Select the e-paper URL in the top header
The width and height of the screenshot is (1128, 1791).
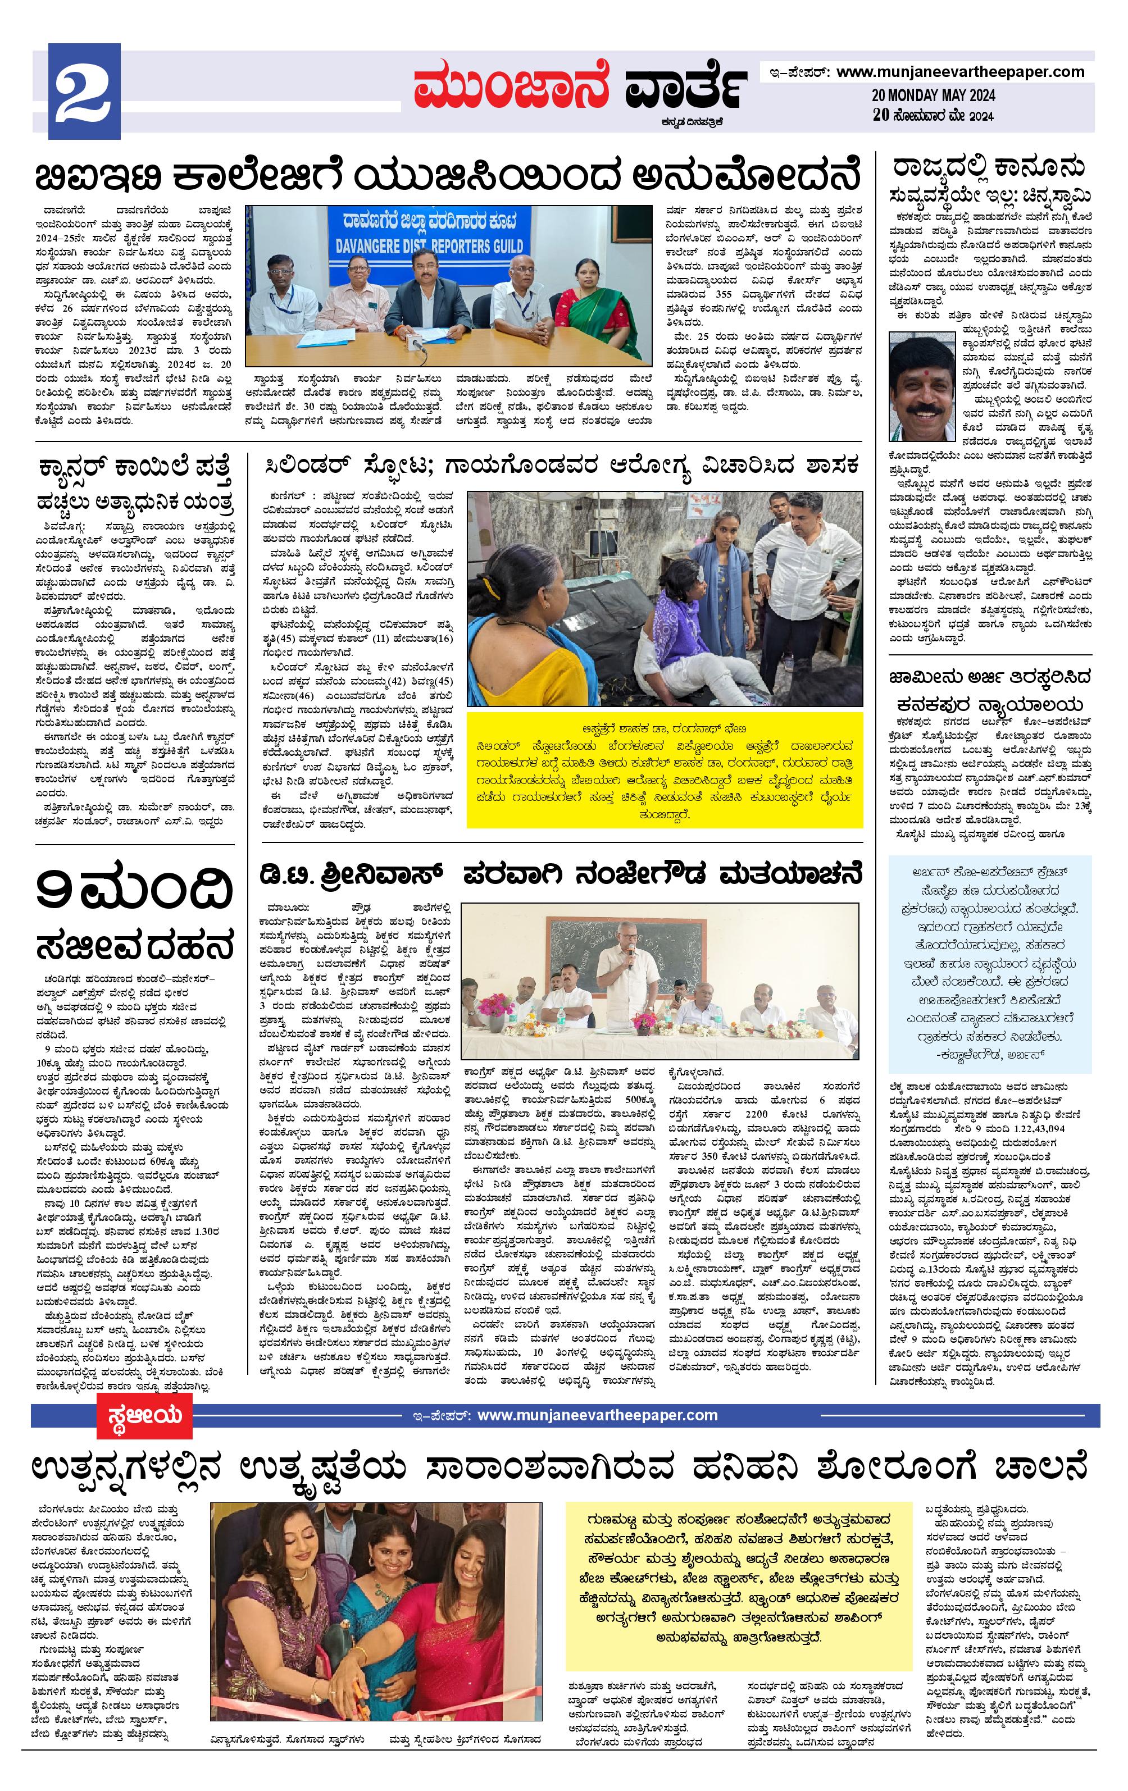(960, 72)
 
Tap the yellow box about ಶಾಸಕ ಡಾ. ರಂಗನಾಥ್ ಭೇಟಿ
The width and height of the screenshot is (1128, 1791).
(665, 769)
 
